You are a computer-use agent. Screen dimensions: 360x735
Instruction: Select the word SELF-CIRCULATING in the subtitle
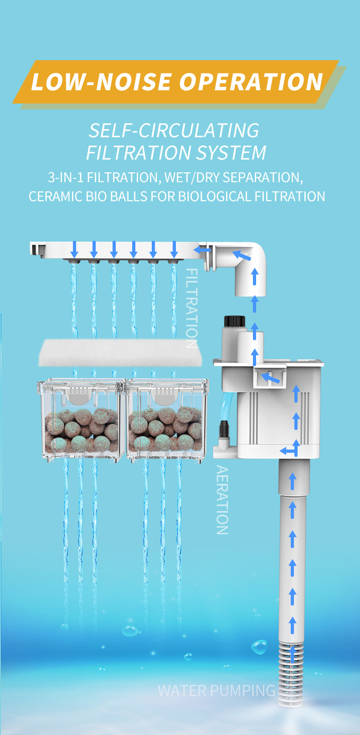coord(174,130)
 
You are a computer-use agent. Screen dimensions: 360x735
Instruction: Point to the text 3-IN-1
coord(66,177)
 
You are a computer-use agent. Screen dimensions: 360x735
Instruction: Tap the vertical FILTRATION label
coord(192,308)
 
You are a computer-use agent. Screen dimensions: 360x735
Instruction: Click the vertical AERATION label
coord(222,500)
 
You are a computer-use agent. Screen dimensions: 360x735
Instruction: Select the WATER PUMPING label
coord(217,690)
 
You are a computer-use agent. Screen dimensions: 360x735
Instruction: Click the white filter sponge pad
coord(120,353)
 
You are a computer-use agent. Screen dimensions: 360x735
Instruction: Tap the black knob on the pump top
coord(234,321)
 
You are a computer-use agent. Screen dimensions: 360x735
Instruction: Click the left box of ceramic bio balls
coord(82,420)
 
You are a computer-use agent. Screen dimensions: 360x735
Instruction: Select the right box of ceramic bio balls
coord(168,420)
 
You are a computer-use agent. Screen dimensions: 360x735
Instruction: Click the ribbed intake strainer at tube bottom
coord(290,673)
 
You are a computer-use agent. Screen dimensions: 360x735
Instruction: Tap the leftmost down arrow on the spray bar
coord(74,249)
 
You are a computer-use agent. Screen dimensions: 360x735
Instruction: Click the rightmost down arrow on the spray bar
coord(174,249)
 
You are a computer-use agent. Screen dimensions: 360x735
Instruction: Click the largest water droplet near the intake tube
coord(259,647)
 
